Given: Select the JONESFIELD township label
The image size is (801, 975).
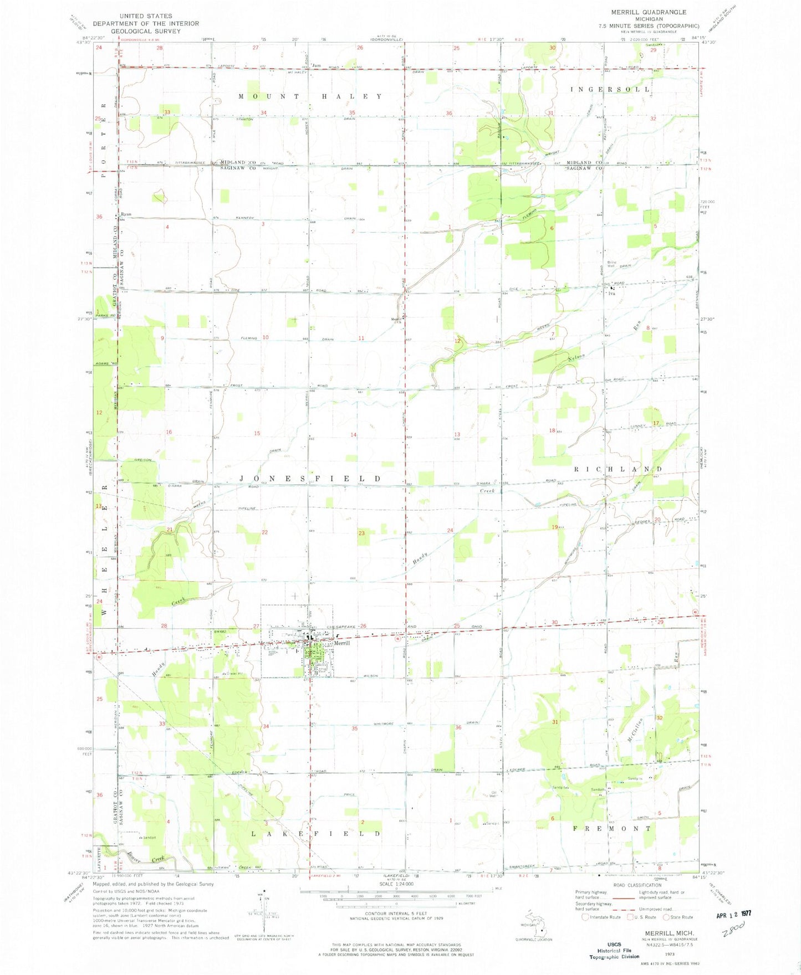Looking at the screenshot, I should (x=310, y=478).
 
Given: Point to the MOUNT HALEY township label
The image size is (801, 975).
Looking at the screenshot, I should (x=310, y=96).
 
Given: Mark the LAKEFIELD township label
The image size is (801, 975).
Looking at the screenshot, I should (x=317, y=833).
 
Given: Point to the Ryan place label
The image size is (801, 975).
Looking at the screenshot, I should (x=126, y=214).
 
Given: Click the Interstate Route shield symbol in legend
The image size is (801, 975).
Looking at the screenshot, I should (x=585, y=917).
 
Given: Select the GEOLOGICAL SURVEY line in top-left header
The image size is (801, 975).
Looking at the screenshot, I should (x=146, y=31).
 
